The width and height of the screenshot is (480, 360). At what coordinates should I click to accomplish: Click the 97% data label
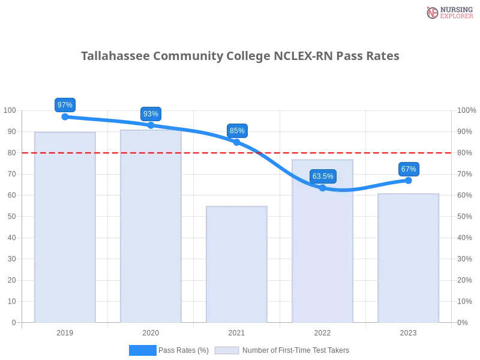tap(64, 105)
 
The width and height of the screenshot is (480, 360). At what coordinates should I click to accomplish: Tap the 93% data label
tap(151, 114)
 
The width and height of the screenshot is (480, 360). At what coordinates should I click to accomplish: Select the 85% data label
tap(237, 131)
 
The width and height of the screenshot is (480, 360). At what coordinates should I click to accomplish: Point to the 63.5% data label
tap(323, 176)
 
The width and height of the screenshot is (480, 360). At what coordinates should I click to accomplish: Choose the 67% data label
tap(409, 169)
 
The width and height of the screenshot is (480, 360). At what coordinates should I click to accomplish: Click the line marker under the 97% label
tap(65, 116)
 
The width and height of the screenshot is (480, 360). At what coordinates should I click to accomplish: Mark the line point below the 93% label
tap(151, 124)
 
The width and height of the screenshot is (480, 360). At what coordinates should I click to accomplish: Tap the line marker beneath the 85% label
tap(237, 142)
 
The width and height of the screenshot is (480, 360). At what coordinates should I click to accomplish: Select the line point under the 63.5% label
tap(323, 188)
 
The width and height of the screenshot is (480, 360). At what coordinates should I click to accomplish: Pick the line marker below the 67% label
tap(409, 180)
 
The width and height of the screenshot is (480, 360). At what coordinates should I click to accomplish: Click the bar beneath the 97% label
tap(65, 228)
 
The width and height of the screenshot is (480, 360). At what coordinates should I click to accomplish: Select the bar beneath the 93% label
tap(151, 228)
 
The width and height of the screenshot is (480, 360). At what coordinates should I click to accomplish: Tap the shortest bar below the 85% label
tap(237, 264)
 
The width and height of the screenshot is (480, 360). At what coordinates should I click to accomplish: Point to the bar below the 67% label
tap(409, 258)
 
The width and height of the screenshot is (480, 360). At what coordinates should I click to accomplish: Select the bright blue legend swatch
tap(142, 350)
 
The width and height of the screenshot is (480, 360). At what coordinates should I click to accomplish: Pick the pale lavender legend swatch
tap(227, 350)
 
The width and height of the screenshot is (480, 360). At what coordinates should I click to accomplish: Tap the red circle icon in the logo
tap(433, 13)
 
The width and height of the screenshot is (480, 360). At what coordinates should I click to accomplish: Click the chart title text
tap(240, 56)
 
